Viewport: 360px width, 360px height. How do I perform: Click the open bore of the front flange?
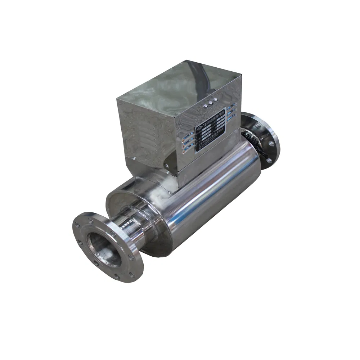tap(104, 250)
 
